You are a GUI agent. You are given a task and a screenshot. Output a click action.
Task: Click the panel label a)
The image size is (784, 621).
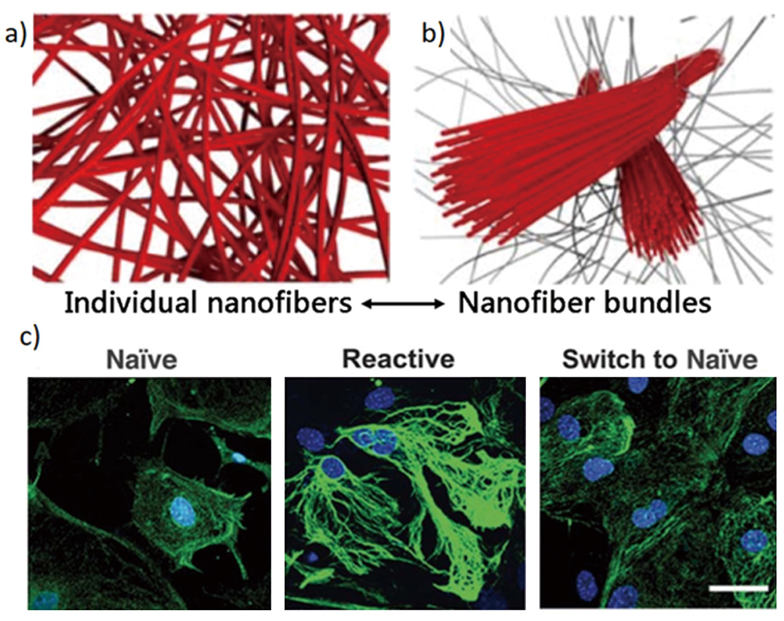(x=15, y=34)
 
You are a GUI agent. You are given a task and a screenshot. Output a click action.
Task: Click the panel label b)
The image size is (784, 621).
(x=433, y=34)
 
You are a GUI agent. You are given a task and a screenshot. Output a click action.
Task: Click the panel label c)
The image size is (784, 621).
(x=29, y=337)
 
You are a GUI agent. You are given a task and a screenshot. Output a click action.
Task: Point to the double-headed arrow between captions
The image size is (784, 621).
(x=403, y=303)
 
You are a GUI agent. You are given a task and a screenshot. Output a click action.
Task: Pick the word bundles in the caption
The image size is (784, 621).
(x=655, y=303)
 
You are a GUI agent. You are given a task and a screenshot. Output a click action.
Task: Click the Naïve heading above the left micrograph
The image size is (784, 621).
(x=143, y=359)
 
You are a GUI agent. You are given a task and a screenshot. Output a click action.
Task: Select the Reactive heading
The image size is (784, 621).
(x=398, y=359)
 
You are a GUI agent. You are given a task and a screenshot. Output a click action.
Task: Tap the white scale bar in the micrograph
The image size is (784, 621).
(x=739, y=589)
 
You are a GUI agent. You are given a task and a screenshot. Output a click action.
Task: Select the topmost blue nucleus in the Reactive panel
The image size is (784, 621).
(x=376, y=398)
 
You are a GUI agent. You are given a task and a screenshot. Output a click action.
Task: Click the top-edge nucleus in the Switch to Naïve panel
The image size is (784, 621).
(x=638, y=384)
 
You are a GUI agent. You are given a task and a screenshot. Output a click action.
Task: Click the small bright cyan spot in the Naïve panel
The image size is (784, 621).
(x=238, y=457)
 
